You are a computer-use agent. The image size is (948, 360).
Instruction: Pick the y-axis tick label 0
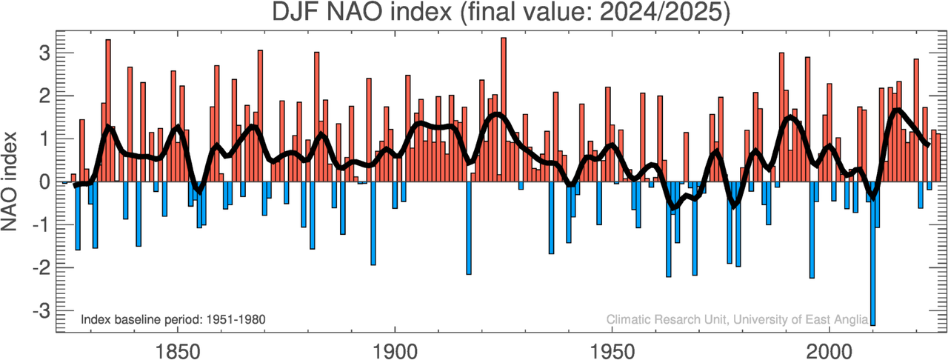44,182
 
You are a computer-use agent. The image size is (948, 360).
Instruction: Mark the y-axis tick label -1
41,225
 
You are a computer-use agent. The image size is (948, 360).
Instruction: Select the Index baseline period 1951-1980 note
173,319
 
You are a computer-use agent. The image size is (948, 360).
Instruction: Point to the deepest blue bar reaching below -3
873,252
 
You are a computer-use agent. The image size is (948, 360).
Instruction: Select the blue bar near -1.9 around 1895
373,222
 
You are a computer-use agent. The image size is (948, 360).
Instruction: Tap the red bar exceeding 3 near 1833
108,111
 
